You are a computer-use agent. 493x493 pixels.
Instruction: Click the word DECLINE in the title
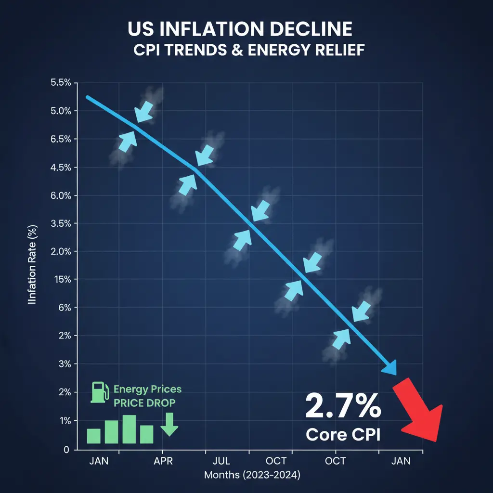pyautogui.click(x=311, y=29)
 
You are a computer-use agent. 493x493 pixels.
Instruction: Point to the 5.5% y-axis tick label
pyautogui.click(x=61, y=83)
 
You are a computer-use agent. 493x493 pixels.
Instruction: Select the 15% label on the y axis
pyautogui.click(x=63, y=279)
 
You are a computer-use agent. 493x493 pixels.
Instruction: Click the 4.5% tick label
pyautogui.click(x=61, y=168)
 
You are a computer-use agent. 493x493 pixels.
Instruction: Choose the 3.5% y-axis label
pyautogui.click(x=61, y=223)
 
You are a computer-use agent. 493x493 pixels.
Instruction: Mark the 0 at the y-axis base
pyautogui.click(x=66, y=450)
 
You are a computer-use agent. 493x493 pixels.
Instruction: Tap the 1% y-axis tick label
pyautogui.click(x=65, y=421)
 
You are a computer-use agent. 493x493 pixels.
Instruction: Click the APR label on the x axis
pyautogui.click(x=163, y=461)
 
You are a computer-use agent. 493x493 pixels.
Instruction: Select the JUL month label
pyautogui.click(x=221, y=461)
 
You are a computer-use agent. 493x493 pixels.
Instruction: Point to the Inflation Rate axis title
pyautogui.click(x=32, y=264)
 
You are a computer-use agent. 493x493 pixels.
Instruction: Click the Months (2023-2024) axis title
pyautogui.click(x=252, y=475)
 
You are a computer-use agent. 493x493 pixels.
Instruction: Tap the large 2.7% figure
pyautogui.click(x=343, y=406)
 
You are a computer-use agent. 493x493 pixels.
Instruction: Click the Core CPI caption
pyautogui.click(x=343, y=435)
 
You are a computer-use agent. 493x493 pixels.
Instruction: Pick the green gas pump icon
pyautogui.click(x=100, y=392)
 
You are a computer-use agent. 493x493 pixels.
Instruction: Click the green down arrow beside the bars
pyautogui.click(x=169, y=424)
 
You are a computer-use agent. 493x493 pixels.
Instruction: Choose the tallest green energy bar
pyautogui.click(x=129, y=429)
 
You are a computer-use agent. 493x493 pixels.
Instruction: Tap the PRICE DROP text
pyautogui.click(x=144, y=403)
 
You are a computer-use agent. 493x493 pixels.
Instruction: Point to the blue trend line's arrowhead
pyautogui.click(x=390, y=368)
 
